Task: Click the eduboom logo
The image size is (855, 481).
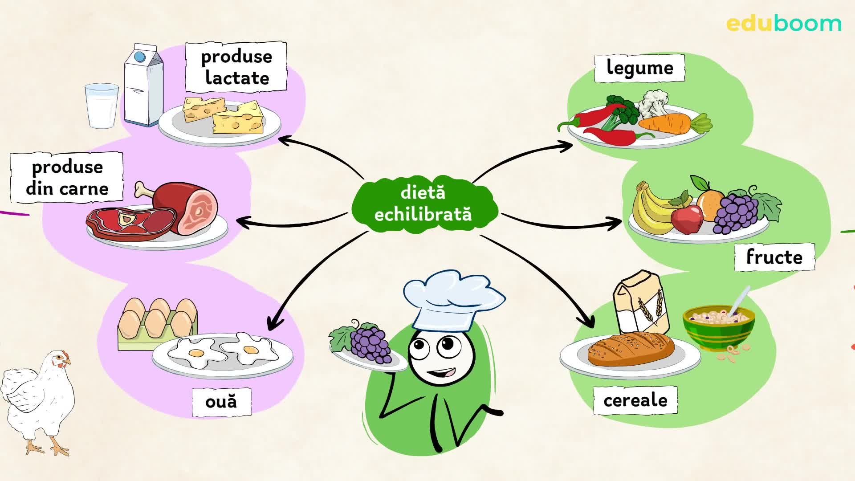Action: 783,24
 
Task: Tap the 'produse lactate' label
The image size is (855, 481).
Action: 236,67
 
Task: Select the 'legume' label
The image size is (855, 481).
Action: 639,68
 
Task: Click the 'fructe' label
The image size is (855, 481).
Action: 774,257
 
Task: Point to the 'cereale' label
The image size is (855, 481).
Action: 635,400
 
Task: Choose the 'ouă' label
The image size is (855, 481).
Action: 221,402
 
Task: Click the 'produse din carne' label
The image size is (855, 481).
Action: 67,178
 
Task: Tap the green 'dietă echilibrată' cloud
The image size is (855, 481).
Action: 423,204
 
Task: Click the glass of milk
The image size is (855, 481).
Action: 102,106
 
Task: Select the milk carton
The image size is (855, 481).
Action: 143,86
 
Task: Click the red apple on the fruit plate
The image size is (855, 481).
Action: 686,219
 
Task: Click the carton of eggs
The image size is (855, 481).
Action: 157,323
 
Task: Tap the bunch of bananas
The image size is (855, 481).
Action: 650,209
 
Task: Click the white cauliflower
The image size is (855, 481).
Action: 652,103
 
